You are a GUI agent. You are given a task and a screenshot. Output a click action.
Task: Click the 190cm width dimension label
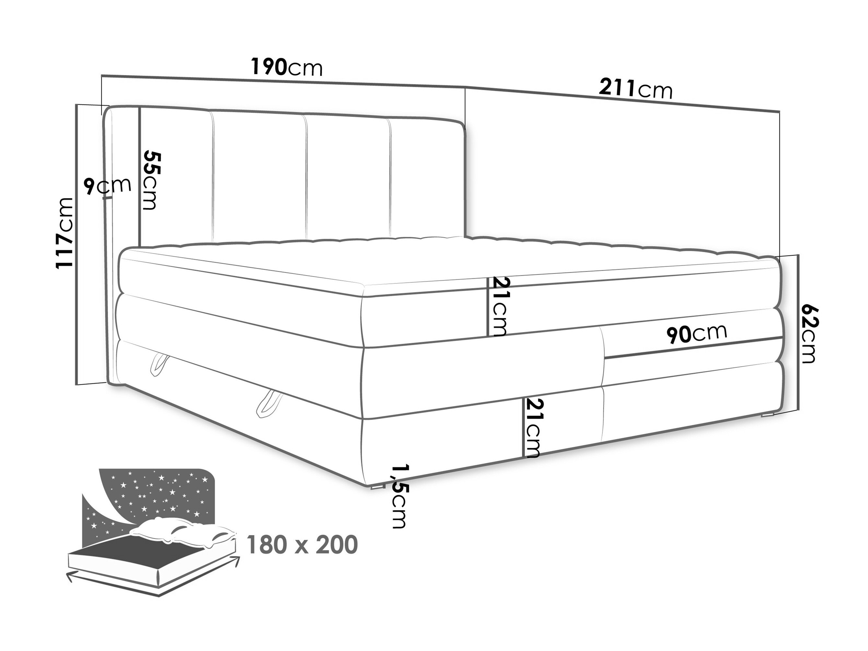pyautogui.click(x=287, y=67)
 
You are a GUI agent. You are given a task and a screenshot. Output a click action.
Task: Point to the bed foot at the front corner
pyautogui.click(x=378, y=487)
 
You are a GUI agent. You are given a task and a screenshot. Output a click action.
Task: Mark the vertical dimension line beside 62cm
pyautogui.click(x=798, y=332)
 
